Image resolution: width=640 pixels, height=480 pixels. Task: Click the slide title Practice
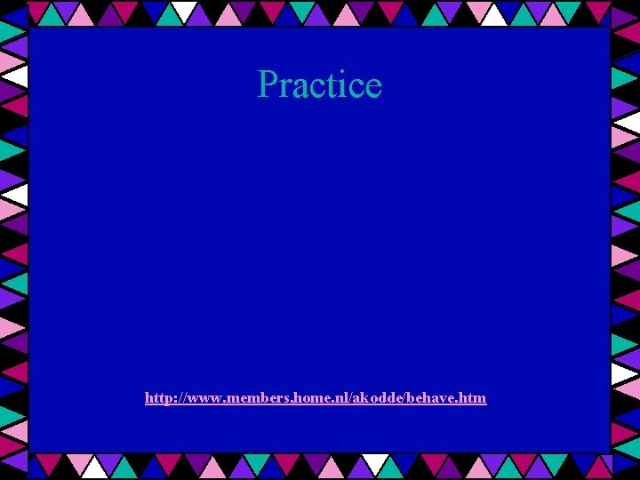[x=319, y=84]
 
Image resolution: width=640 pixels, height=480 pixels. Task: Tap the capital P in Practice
[x=267, y=84]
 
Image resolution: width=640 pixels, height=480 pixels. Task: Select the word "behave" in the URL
[x=435, y=397]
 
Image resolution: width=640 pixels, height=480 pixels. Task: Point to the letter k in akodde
[x=367, y=397]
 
